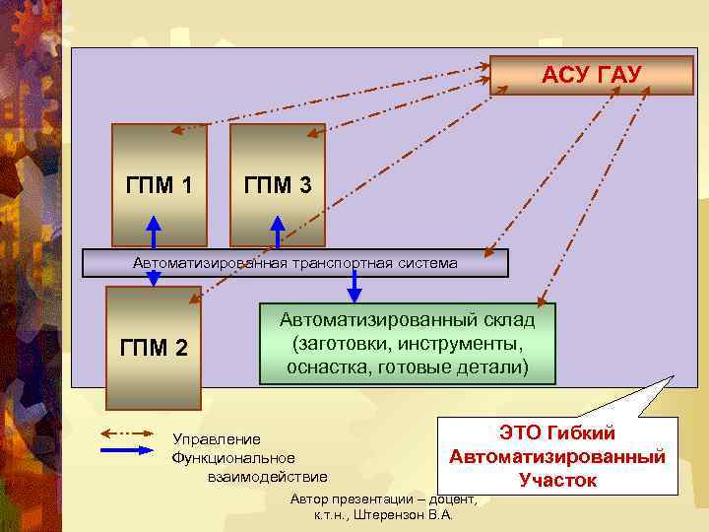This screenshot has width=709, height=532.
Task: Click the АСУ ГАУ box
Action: tap(592, 75)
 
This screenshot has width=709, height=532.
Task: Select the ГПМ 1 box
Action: tap(160, 184)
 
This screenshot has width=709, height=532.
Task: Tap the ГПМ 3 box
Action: tap(278, 184)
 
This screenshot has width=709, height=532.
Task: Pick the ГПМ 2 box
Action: tap(154, 347)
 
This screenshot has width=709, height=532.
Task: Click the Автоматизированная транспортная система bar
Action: tap(295, 263)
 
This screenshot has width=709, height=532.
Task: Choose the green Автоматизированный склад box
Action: tap(408, 344)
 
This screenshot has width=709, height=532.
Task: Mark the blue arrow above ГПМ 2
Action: tap(154, 279)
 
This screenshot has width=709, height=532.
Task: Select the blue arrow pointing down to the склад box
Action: tap(355, 288)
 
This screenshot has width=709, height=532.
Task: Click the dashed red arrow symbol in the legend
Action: tap(129, 432)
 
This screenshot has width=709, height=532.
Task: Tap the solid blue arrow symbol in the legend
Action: tap(129, 450)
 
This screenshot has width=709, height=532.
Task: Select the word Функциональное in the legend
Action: tap(233, 458)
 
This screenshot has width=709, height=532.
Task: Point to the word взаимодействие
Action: tap(268, 477)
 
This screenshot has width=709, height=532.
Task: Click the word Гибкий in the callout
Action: tap(609, 434)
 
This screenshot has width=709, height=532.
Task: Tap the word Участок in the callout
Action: tap(557, 480)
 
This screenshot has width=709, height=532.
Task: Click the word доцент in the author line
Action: tap(449, 499)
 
